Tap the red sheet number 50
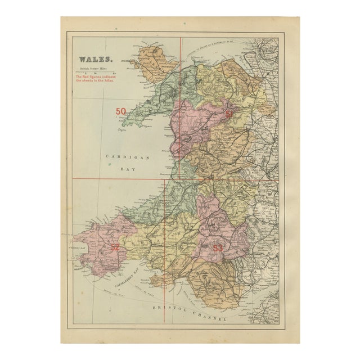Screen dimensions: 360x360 121,111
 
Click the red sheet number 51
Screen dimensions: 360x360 229,114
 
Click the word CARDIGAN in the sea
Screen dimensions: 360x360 129,158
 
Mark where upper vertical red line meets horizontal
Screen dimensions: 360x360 180,179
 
